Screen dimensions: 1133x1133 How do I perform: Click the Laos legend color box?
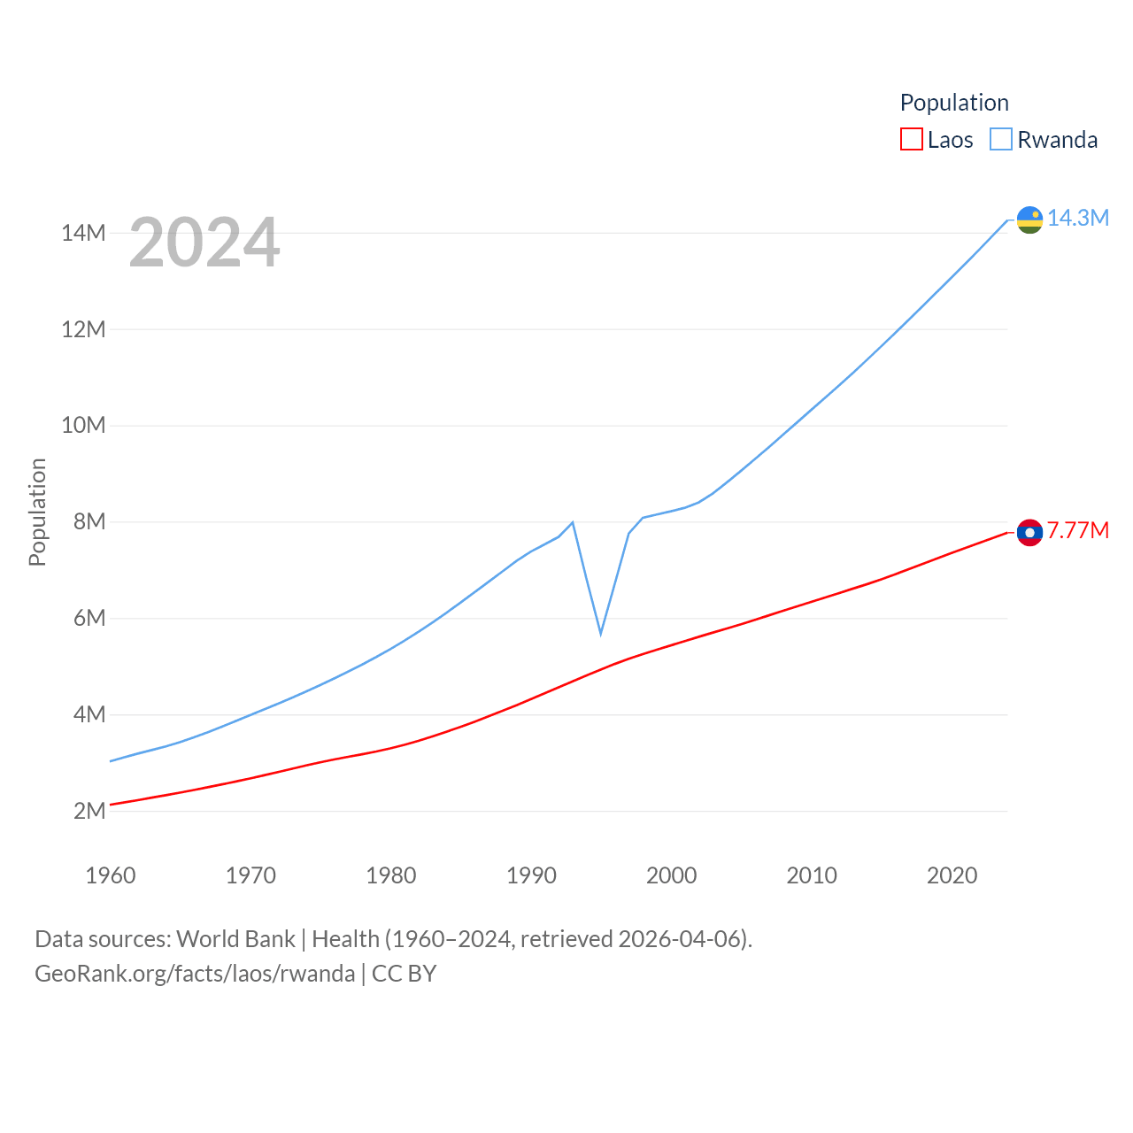tap(911, 140)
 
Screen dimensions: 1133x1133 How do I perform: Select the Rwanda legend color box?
tap(1000, 140)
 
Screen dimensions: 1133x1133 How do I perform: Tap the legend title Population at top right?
tap(954, 103)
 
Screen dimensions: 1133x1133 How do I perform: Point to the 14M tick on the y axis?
tap(83, 233)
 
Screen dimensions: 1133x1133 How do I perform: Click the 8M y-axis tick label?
tap(89, 521)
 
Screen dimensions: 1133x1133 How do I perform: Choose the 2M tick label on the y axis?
tap(89, 811)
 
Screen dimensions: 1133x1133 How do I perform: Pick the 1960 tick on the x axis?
tap(111, 875)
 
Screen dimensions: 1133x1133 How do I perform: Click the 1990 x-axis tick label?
tap(531, 875)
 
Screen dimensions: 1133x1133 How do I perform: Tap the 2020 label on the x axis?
tap(952, 875)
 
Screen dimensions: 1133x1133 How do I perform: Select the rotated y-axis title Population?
tap(37, 512)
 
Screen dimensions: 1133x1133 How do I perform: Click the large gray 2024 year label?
tap(204, 243)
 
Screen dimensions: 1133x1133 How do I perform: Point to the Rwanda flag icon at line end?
tap(1029, 220)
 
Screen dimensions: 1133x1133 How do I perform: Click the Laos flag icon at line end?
tap(1029, 532)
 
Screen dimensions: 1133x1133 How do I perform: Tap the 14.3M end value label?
tap(1078, 218)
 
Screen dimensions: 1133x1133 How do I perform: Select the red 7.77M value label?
tap(1078, 530)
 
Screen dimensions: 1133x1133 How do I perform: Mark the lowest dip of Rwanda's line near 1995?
tap(601, 634)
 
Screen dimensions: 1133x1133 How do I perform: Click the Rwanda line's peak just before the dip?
tap(573, 522)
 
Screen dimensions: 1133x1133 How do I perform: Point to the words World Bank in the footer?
tap(235, 938)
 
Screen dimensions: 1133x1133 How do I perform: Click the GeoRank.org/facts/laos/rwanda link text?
tap(195, 974)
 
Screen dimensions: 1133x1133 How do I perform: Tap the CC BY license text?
tap(404, 974)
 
